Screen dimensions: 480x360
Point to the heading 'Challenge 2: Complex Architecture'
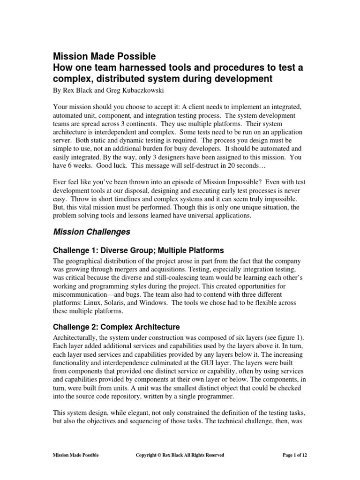coord(116,326)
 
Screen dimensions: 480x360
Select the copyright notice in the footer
coord(180,455)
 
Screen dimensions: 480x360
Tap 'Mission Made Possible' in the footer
coord(75,455)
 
